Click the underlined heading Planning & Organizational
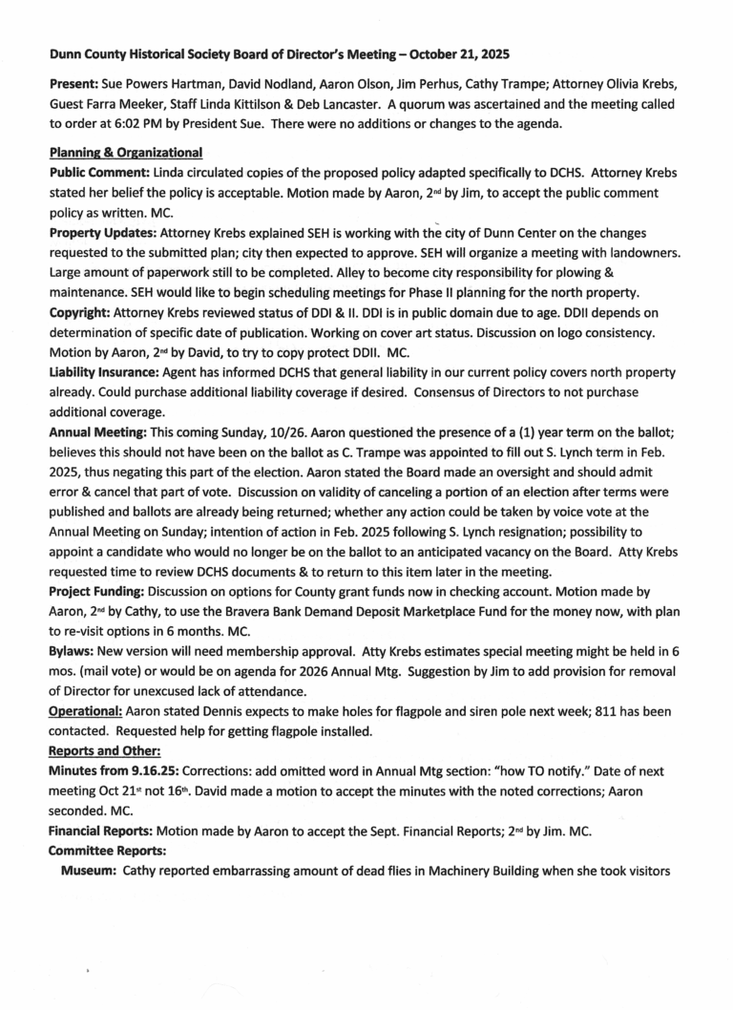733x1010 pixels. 125,154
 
